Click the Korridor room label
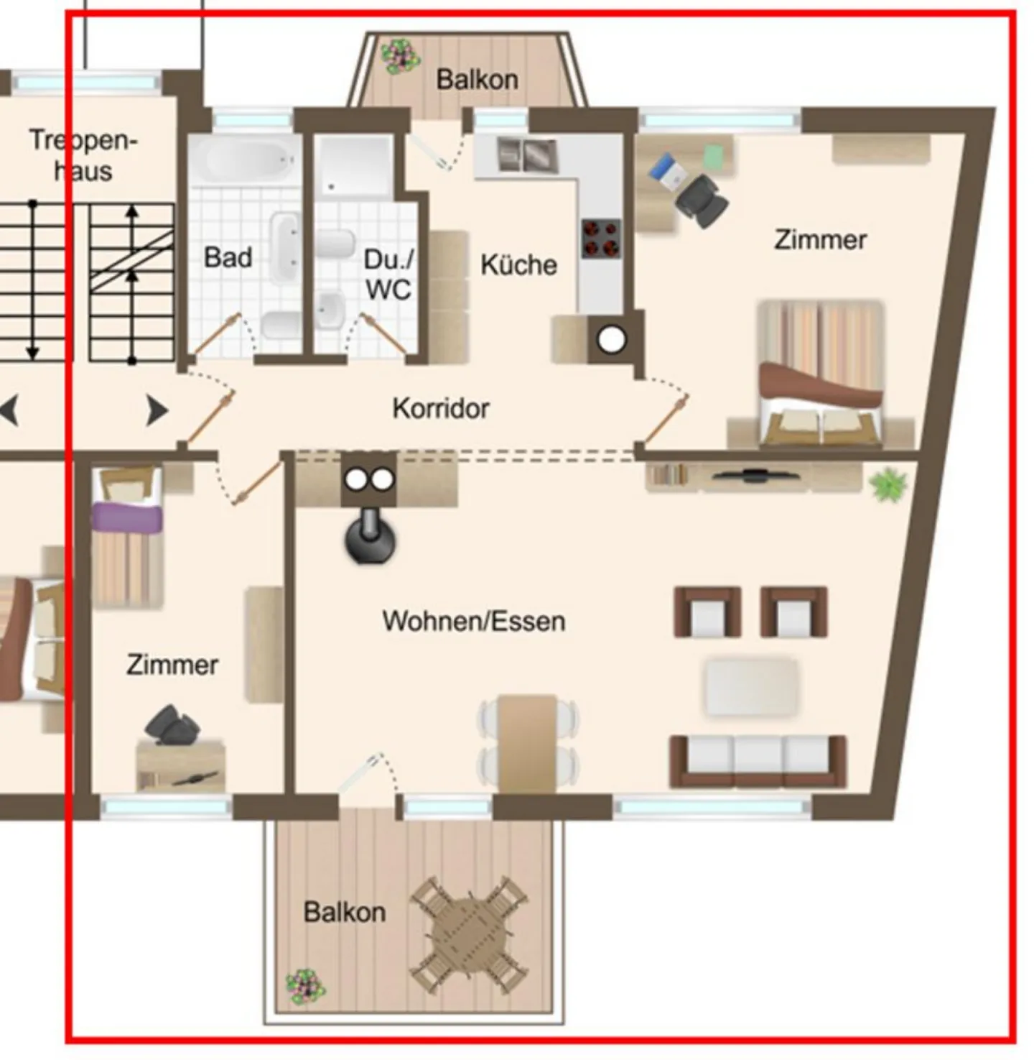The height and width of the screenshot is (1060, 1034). [x=441, y=408]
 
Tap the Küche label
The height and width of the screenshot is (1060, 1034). [x=518, y=265]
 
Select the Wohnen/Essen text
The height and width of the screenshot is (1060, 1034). [x=473, y=621]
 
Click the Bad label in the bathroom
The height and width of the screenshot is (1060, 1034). [x=228, y=257]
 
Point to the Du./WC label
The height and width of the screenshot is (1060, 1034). [x=388, y=275]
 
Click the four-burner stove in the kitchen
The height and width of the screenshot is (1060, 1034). [x=601, y=238]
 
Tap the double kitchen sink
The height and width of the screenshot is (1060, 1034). [x=527, y=155]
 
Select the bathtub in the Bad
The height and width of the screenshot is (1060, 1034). [x=245, y=160]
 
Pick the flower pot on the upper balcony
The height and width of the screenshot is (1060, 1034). [x=401, y=56]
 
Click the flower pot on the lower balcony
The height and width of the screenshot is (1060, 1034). [x=306, y=987]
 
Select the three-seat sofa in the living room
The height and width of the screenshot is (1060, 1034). [x=758, y=762]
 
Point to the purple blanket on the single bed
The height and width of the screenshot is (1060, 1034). [x=127, y=517]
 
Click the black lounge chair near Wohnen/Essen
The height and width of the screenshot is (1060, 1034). [x=370, y=537]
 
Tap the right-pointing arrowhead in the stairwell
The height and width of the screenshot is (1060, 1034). [x=157, y=410]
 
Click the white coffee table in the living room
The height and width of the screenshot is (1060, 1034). [x=752, y=687]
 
